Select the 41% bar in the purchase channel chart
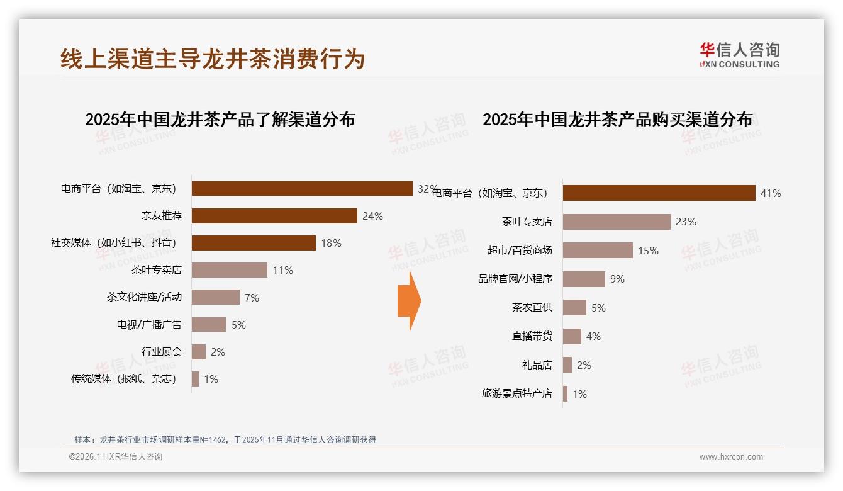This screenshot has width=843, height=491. (659, 193)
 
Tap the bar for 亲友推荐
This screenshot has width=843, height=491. (274, 216)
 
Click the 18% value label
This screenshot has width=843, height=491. (331, 243)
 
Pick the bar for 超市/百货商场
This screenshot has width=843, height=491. (598, 251)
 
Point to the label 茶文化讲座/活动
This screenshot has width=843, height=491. (144, 297)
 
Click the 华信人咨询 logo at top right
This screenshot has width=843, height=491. (739, 55)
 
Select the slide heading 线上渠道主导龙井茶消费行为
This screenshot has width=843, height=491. (213, 59)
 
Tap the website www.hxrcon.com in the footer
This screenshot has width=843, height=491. (731, 457)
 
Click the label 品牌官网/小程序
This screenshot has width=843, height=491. (515, 279)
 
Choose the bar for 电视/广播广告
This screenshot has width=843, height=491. (209, 325)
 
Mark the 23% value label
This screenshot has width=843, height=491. (686, 222)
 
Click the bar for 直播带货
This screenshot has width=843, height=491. (572, 336)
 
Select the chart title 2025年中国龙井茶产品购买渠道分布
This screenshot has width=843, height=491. (617, 120)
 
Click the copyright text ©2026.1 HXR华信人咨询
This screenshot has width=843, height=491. (116, 457)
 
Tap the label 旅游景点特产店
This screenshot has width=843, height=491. (516, 393)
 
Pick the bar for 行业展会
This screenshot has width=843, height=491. (199, 352)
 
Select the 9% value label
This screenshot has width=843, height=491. (617, 279)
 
